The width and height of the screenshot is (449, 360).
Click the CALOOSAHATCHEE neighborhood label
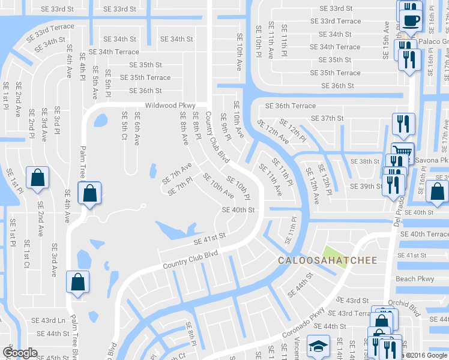[327, 260]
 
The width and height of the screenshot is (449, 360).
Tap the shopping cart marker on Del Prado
[401, 152]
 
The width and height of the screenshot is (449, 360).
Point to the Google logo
[20, 353]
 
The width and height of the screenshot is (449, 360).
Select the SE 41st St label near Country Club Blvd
[209, 240]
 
